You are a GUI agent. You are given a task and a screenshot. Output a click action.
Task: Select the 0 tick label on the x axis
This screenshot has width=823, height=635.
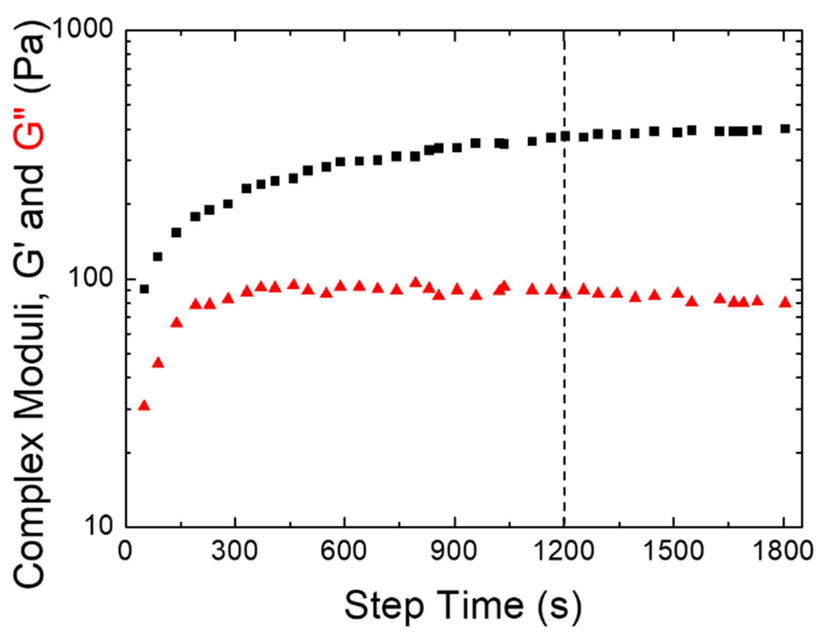tap(125, 550)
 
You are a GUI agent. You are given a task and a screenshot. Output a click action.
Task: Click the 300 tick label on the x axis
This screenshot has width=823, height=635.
tap(235, 550)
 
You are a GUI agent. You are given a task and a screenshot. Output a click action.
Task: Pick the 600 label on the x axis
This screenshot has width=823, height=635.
tap(344, 550)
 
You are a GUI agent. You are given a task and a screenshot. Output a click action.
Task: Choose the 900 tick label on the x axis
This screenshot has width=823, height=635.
tap(454, 550)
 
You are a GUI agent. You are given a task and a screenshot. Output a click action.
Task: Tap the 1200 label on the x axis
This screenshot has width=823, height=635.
tap(563, 550)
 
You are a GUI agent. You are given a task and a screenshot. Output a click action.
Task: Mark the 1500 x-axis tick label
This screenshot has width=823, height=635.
tap(673, 550)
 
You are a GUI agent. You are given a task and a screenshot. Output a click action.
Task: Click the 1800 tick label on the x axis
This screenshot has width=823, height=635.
tap(782, 550)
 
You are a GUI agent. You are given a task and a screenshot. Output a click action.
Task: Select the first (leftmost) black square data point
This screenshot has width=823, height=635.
tap(144, 289)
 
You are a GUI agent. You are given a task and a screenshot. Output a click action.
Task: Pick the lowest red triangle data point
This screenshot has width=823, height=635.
tap(144, 405)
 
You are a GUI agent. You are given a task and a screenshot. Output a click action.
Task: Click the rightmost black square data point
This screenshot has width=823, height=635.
tap(785, 129)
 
